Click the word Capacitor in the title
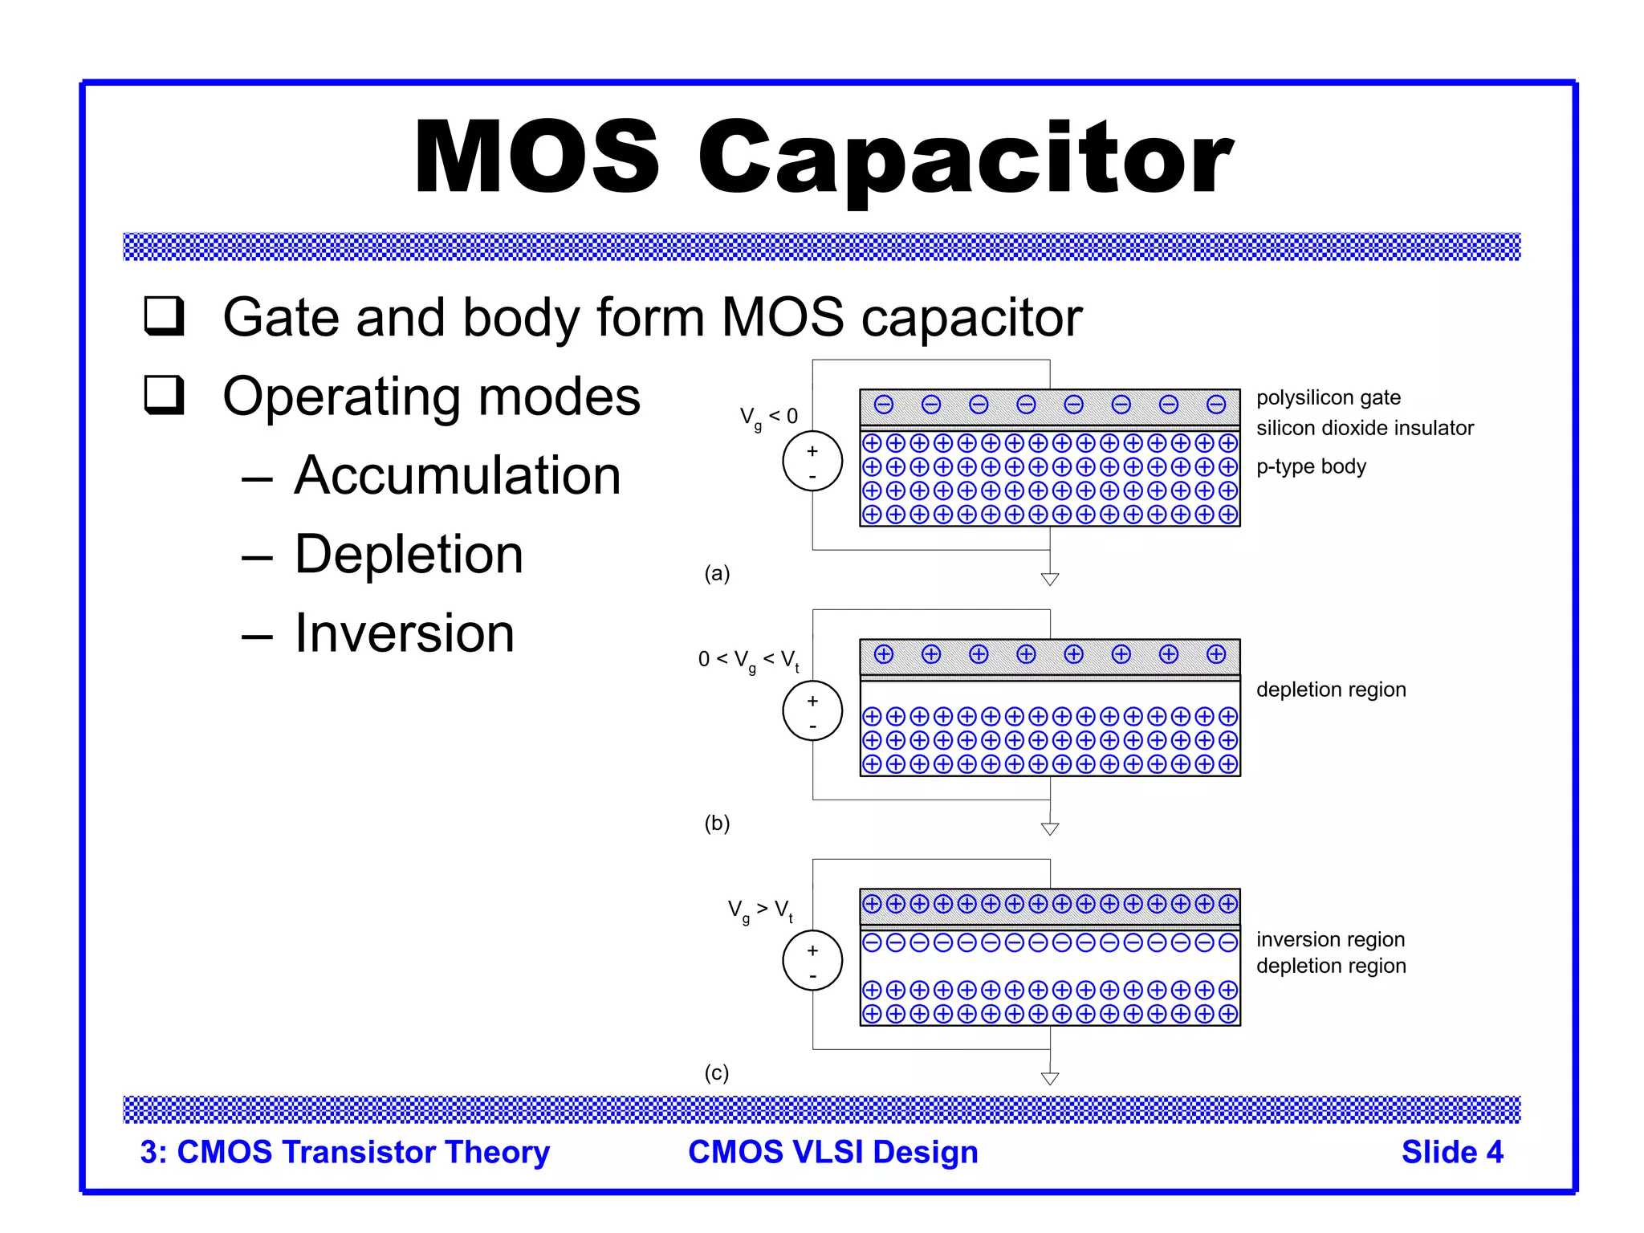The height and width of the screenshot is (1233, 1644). [x=965, y=158]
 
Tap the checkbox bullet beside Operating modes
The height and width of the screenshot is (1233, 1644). [x=165, y=394]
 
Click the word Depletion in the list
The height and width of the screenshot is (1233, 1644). [x=409, y=554]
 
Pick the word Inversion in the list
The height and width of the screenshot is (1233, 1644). [x=404, y=633]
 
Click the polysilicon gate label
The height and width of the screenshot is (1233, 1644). [x=1328, y=397]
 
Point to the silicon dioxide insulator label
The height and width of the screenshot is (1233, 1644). [x=1365, y=428]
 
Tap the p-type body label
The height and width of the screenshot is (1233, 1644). [x=1311, y=466]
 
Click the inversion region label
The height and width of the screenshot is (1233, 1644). [x=1330, y=939]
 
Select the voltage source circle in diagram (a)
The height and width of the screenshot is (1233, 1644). [x=812, y=462]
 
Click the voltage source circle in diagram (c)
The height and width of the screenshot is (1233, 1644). [x=812, y=961]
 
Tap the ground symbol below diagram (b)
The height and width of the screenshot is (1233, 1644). [x=1050, y=828]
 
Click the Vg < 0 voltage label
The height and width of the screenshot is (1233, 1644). [x=768, y=417]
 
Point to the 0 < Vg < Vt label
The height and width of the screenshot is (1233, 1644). [x=748, y=661]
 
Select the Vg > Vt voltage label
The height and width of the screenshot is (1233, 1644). [x=760, y=910]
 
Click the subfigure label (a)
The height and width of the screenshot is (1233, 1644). [x=717, y=573]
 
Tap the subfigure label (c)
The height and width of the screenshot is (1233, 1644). [x=717, y=1072]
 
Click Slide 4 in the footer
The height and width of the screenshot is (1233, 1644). [x=1452, y=1152]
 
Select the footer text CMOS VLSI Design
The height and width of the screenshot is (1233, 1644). [x=833, y=1152]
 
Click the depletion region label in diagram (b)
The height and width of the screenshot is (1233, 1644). [x=1331, y=690]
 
